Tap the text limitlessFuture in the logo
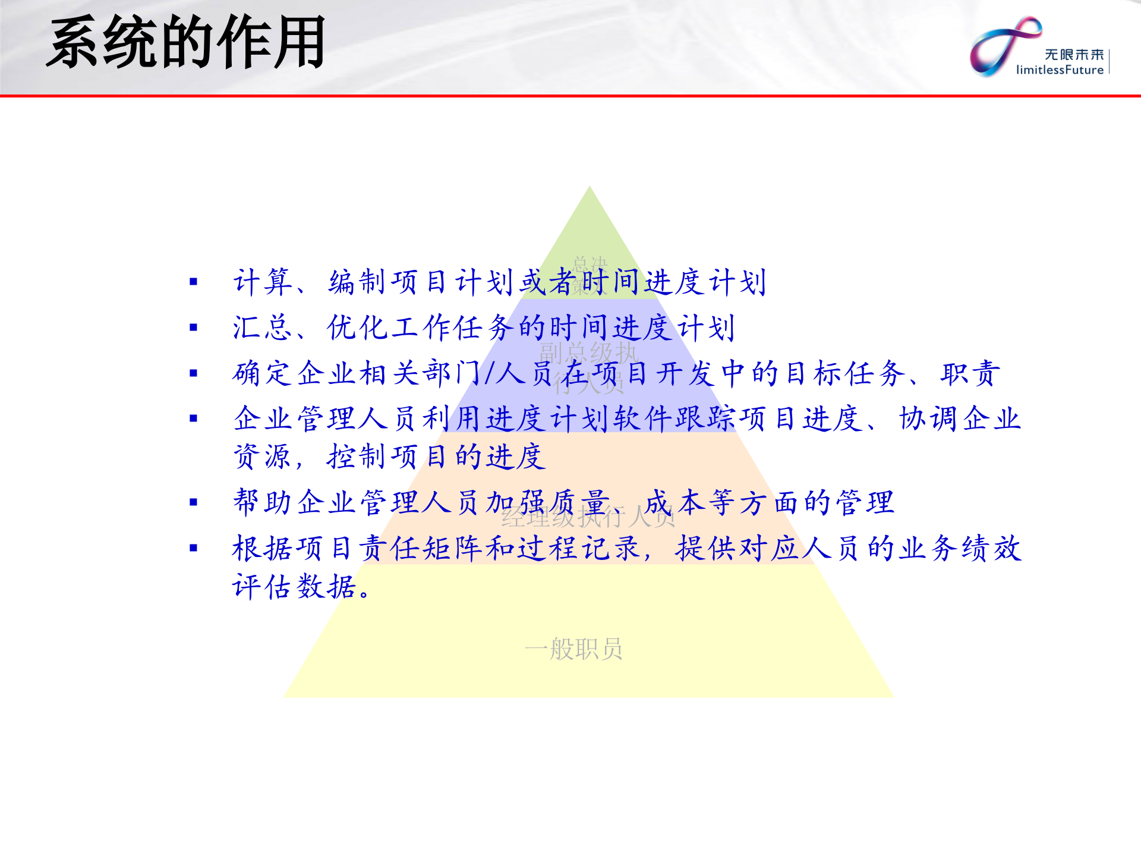coord(1060,70)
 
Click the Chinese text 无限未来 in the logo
coord(1074,55)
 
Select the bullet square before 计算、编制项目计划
coord(193,282)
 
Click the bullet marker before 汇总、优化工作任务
coord(193,328)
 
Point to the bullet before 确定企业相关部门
coord(193,373)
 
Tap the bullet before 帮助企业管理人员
coord(193,502)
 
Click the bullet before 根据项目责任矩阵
coord(193,548)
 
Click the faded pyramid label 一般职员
coord(573,649)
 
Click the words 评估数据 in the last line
coord(294,587)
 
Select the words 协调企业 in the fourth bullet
coord(959,419)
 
